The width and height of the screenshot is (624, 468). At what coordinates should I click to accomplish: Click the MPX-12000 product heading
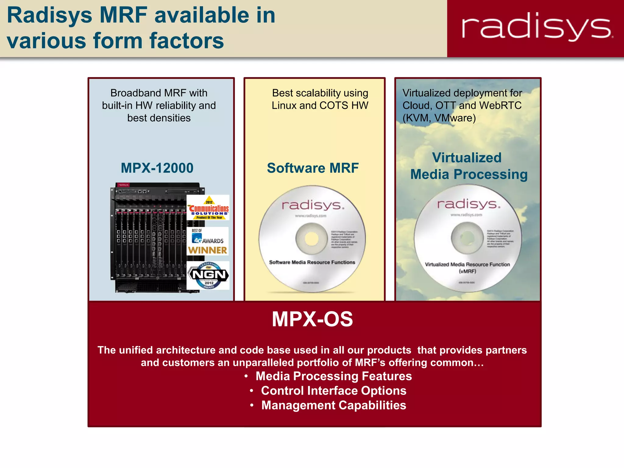pyautogui.click(x=157, y=168)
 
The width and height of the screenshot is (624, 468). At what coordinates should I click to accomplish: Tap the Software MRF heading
pyautogui.click(x=313, y=168)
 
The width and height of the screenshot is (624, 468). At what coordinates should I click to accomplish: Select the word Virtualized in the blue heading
pyautogui.click(x=466, y=158)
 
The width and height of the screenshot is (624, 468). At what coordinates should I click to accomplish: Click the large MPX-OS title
pyautogui.click(x=312, y=319)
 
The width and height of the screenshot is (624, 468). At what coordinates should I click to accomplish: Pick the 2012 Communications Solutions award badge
pyautogui.click(x=209, y=208)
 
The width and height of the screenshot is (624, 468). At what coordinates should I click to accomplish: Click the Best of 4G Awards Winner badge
pyautogui.click(x=208, y=241)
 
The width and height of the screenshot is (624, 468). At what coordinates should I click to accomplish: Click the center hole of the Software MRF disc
pyautogui.click(x=311, y=238)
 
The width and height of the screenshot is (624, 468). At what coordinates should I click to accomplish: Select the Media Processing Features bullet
pyautogui.click(x=334, y=376)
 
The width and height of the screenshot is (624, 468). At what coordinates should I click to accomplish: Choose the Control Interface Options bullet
pyautogui.click(x=334, y=391)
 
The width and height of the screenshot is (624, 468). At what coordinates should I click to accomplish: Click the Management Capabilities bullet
pyautogui.click(x=334, y=405)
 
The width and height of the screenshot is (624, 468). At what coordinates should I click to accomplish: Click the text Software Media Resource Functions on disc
pyautogui.click(x=312, y=262)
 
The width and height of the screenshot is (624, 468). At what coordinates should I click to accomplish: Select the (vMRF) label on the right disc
pyautogui.click(x=467, y=271)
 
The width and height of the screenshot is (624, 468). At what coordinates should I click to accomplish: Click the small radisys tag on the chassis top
pyautogui.click(x=123, y=185)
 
